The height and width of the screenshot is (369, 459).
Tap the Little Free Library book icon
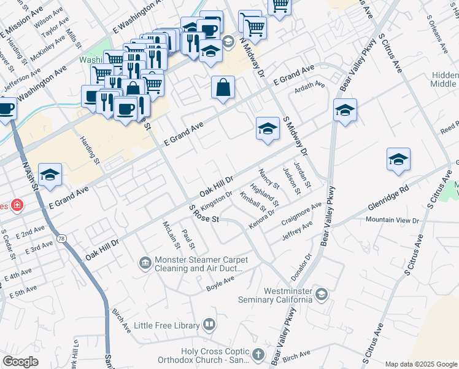tap(209, 325)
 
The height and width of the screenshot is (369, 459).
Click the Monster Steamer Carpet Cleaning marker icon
tap(145, 263)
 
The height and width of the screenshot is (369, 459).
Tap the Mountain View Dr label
tap(391, 220)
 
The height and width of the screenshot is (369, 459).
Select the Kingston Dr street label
tap(217, 199)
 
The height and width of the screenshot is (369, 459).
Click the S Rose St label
tap(204, 216)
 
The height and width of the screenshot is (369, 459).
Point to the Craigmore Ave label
tap(301, 213)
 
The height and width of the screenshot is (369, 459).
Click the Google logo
tap(20, 362)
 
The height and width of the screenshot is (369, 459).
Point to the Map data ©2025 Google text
tap(420, 364)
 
